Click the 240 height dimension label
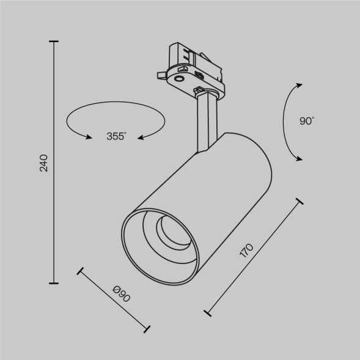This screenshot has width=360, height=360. [x=44, y=164]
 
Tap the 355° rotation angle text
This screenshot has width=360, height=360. [x=116, y=137]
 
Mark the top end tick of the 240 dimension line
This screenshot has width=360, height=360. [x=55, y=42]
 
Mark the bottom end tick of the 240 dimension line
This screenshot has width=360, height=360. [x=55, y=284]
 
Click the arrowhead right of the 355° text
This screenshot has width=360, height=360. [x=140, y=138]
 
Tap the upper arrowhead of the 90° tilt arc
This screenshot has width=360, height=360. [x=299, y=85]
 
